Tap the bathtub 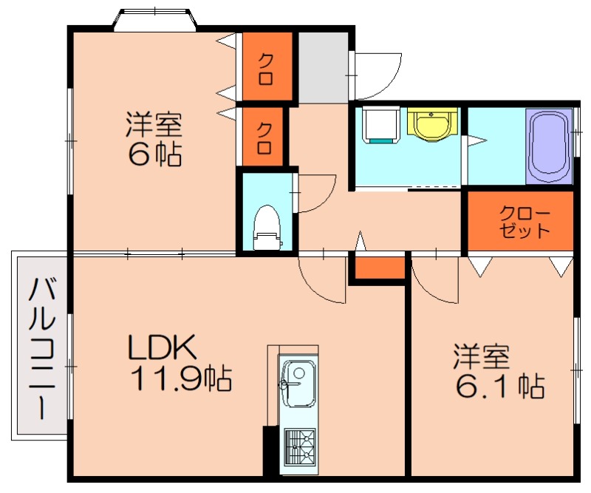coord(549,146)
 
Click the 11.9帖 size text coord(180,378)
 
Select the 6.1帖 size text coord(499,385)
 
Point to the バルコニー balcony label coord(41,347)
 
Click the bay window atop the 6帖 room coord(154,20)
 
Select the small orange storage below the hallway coord(378,268)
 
